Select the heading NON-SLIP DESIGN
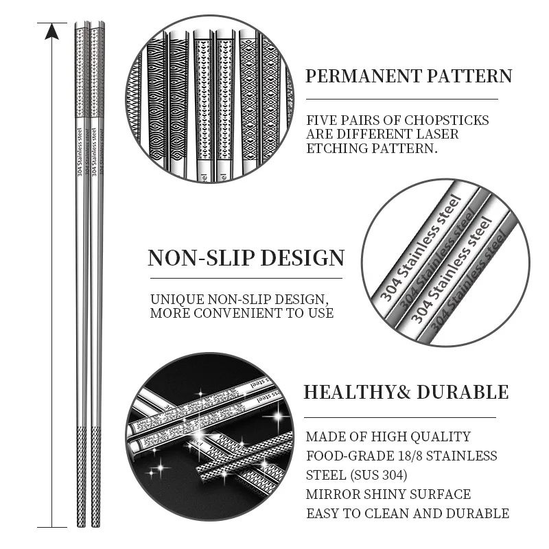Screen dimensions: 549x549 pos(246,258)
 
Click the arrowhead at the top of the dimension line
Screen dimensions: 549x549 pos(51,31)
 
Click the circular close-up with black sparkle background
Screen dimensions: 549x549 pos(209,436)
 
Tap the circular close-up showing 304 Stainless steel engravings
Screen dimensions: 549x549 pos(446,264)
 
